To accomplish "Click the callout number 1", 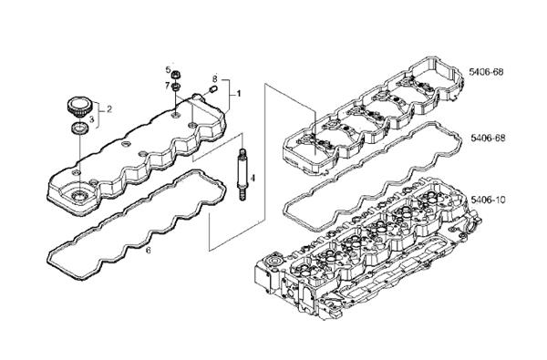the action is (239, 94).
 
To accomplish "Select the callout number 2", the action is (109, 109).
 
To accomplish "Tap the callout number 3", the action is (92, 119).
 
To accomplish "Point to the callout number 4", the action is (253, 179).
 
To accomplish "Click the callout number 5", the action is (168, 70).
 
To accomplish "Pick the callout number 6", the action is (149, 250).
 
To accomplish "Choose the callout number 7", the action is (168, 85).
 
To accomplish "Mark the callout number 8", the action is (215, 78).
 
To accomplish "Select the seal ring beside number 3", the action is (79, 128).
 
